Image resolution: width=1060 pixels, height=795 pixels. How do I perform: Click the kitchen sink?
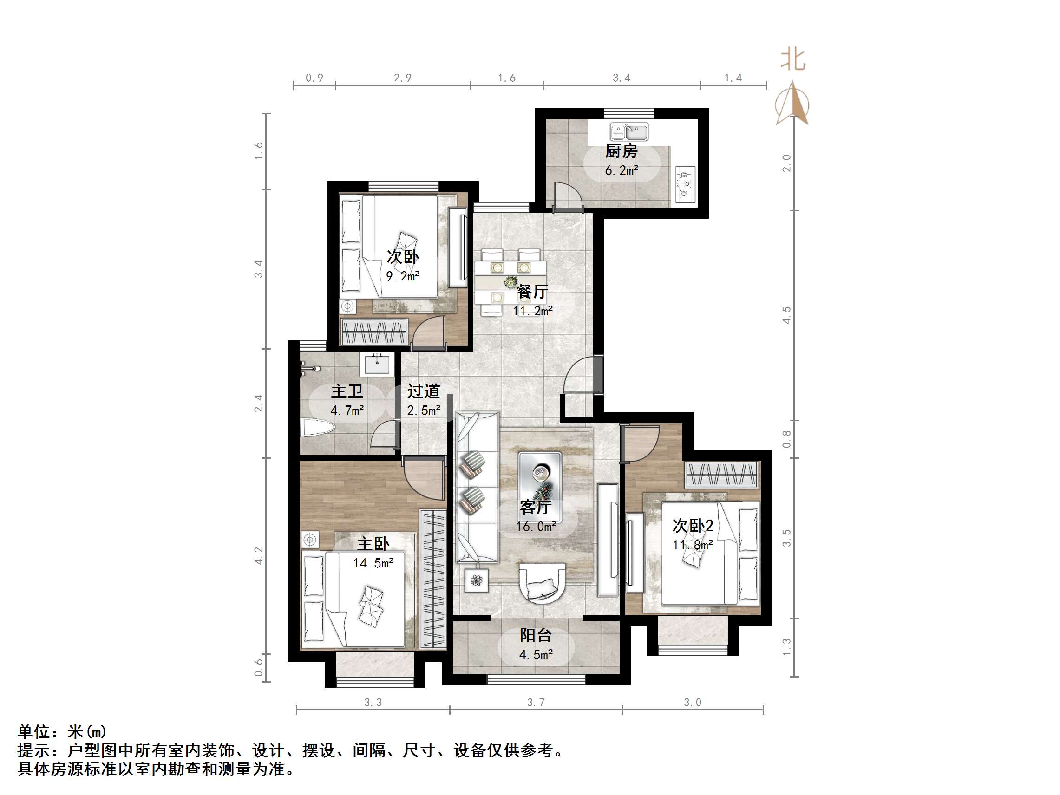coord(629,132)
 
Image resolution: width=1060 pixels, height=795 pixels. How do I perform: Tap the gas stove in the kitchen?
coord(685,184)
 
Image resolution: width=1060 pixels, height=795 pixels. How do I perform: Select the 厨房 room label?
coord(621,151)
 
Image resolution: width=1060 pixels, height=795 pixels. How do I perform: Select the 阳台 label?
coord(536,635)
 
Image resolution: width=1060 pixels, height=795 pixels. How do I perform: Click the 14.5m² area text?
coord(373,563)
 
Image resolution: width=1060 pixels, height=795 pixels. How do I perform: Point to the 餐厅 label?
coord(532,291)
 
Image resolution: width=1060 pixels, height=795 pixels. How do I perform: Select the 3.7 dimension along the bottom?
coord(536,703)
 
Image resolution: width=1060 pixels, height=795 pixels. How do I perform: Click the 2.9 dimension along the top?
coord(403,78)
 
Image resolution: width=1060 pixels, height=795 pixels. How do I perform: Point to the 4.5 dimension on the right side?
coord(786,315)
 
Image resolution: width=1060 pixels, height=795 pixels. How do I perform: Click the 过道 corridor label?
coord(424,391)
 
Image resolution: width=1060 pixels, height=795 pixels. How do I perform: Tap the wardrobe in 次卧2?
coord(722,475)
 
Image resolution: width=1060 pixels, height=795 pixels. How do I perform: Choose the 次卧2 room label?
coord(693,526)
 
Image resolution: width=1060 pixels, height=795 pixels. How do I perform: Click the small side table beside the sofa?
coord(476,581)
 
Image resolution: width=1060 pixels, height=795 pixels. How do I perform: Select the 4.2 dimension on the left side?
coord(259,556)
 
